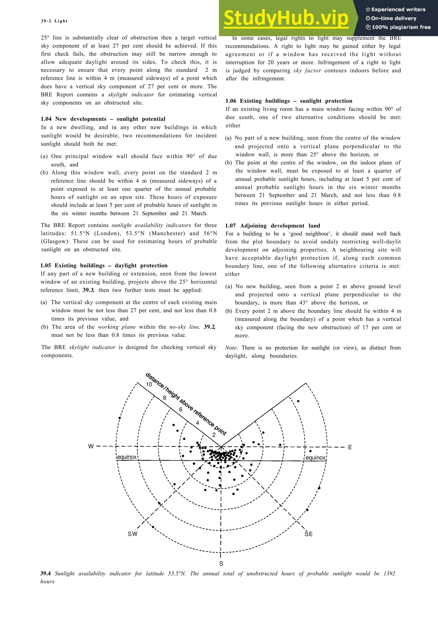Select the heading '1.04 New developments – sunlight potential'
tap(103, 119)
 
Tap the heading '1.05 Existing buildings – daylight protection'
tap(104, 266)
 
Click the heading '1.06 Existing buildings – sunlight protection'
tap(289, 101)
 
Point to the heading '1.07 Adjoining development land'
tap(272, 226)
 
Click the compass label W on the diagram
tap(91, 446)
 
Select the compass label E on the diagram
tap(350, 447)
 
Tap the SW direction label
tap(133, 534)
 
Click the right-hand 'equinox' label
tap(315, 458)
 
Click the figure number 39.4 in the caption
tap(45, 573)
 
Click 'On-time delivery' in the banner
tap(393, 18)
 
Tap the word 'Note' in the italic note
tap(231, 348)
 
